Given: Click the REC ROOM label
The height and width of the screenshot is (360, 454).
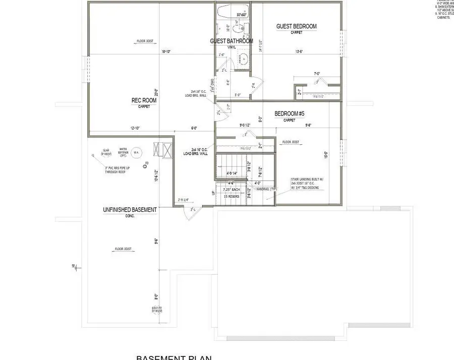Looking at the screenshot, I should (144, 100).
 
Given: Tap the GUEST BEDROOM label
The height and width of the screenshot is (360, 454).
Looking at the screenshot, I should (296, 26).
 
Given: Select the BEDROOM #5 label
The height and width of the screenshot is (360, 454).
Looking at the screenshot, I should (290, 114).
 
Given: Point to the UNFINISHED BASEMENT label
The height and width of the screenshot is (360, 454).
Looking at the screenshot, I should (130, 210).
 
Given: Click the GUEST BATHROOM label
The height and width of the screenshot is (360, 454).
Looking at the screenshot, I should (232, 41).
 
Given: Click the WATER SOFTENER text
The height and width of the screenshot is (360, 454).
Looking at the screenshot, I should (122, 151).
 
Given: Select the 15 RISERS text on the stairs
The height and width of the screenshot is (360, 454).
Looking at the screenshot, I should (232, 196).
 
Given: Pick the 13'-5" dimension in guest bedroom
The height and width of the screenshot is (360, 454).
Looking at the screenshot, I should (299, 51).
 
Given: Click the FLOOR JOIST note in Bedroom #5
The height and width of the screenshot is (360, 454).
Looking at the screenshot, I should (291, 142).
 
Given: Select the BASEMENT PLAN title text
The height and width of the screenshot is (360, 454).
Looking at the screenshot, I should (174, 357).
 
